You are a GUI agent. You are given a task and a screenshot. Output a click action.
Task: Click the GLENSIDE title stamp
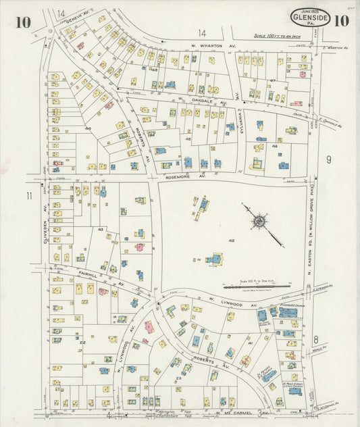coord(311,17)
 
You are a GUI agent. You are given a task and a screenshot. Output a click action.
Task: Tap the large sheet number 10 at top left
coord(22,22)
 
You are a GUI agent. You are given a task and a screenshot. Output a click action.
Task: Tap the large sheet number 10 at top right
coord(341,20)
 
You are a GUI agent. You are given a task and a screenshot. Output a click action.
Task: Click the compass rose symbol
coord(259,221)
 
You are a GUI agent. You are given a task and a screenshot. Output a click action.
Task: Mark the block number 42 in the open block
coord(231,241)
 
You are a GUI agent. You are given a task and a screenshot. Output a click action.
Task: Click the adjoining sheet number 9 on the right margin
coord(328,160)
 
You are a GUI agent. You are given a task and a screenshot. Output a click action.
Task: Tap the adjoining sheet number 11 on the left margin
coord(28,196)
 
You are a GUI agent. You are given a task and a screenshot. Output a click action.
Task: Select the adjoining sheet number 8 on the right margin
coord(315,338)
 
